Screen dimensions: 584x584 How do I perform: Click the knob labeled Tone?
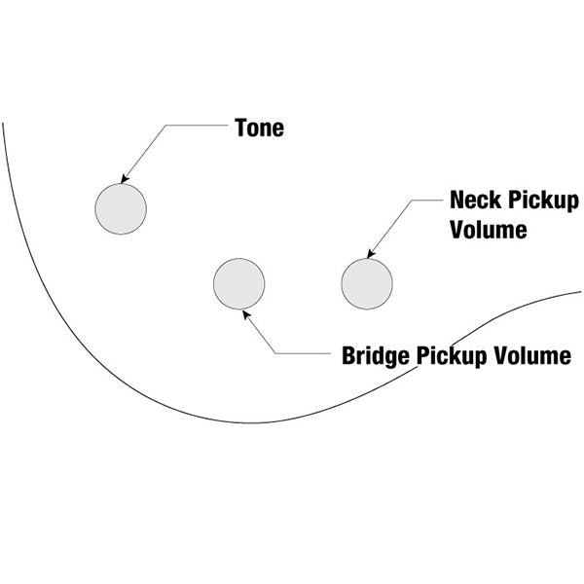(x=121, y=209)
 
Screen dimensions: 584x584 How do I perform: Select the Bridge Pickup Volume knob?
(x=239, y=284)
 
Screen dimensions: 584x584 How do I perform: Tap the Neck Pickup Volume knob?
(x=367, y=284)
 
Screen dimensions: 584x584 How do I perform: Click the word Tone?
(x=259, y=128)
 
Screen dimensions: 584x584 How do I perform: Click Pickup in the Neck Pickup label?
(x=543, y=201)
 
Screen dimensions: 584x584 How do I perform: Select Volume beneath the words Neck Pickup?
(x=489, y=230)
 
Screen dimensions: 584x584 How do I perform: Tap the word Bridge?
(x=376, y=356)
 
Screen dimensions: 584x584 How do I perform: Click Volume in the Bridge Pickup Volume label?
(x=532, y=355)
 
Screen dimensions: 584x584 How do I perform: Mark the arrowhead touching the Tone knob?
(x=125, y=179)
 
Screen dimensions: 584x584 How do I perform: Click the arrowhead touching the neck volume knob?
(x=371, y=254)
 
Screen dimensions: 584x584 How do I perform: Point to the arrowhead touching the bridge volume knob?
(x=246, y=314)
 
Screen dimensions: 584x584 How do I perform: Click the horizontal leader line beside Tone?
(x=197, y=126)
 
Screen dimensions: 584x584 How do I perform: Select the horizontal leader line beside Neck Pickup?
(x=427, y=200)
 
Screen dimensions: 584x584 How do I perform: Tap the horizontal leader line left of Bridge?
(x=303, y=353)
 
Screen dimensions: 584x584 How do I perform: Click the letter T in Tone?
(x=241, y=128)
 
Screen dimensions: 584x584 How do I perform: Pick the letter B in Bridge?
(x=348, y=355)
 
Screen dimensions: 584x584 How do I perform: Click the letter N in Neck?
(x=457, y=200)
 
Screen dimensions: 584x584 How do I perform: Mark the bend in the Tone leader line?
(x=166, y=126)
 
